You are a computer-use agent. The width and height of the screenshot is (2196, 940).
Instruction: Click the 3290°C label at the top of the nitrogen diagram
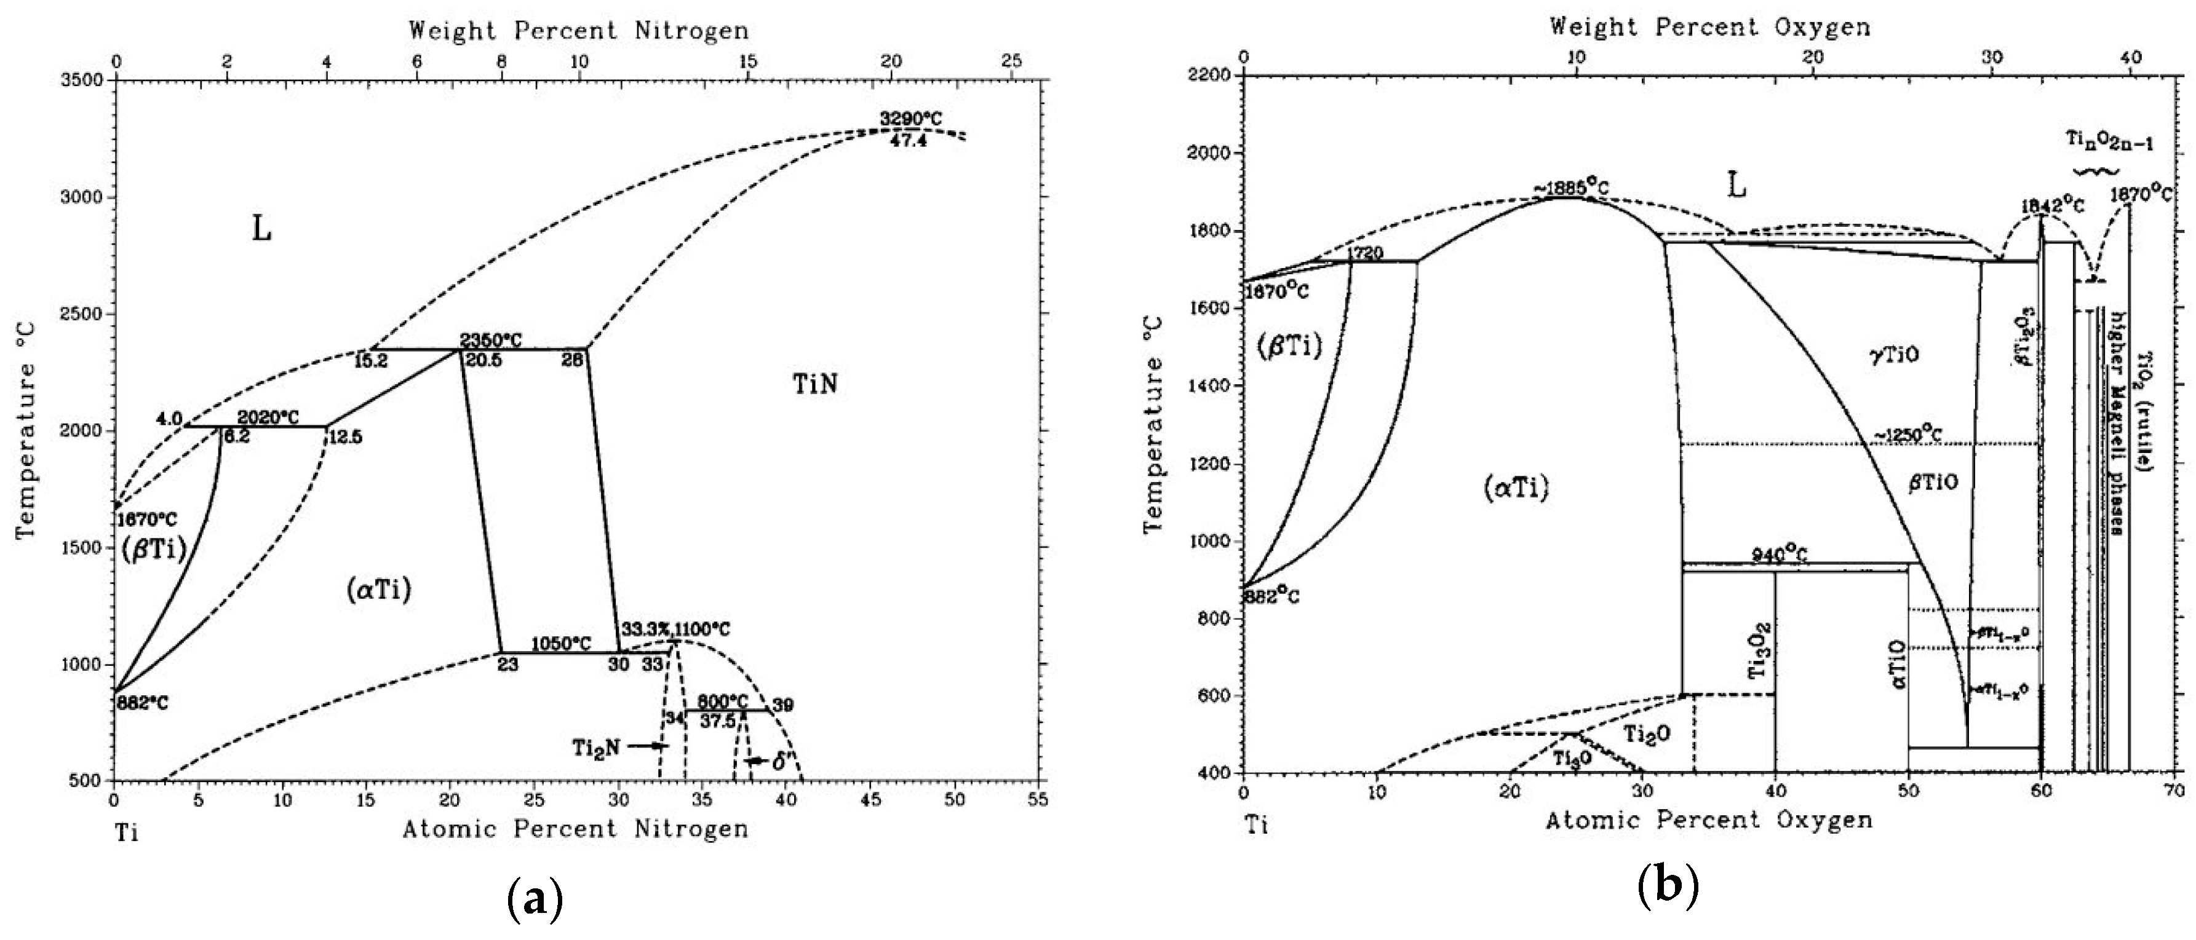[911, 119]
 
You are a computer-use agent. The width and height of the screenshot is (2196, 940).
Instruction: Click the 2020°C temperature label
[269, 417]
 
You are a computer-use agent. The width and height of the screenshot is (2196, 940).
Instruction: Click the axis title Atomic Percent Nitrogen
[575, 828]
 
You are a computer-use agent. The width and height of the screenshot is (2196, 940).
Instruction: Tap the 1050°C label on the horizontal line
[561, 644]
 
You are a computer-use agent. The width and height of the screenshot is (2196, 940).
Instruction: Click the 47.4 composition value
[908, 141]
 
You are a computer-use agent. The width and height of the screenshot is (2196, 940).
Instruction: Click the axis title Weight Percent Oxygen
[1709, 27]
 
